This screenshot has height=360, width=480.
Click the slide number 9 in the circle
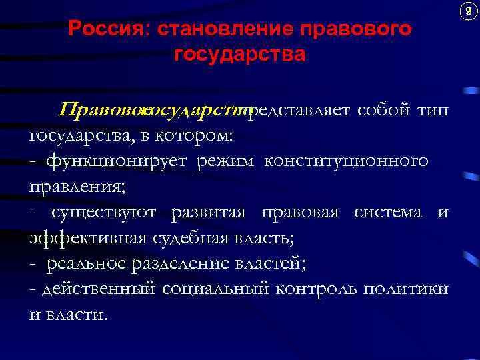[466, 11]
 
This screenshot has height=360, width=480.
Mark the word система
[388, 212]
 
